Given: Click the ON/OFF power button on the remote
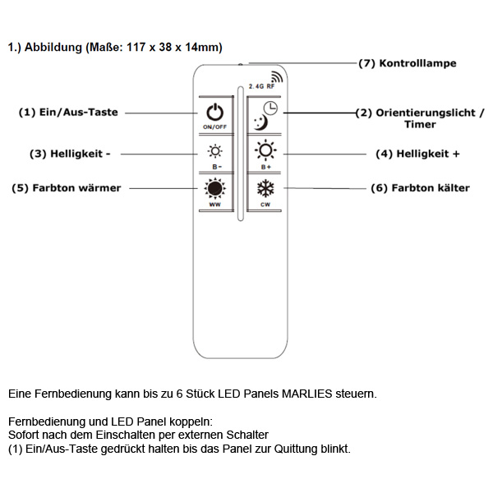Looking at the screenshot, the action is [x=214, y=115].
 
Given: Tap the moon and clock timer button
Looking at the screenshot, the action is [x=265, y=116].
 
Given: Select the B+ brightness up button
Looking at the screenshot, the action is [x=265, y=154].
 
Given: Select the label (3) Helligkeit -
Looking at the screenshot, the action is [x=70, y=154].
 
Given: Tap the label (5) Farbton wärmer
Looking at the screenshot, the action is [x=66, y=188].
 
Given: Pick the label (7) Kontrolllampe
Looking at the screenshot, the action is [x=407, y=63].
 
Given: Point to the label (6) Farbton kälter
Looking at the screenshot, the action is [x=420, y=188].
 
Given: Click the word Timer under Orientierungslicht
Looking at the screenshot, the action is [x=420, y=125].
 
